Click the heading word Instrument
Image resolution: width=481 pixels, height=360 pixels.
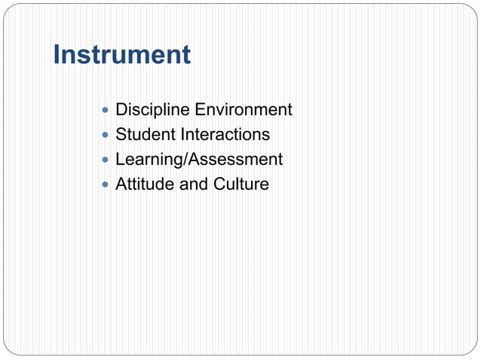coord(121,55)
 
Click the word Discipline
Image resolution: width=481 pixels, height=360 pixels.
coord(152,110)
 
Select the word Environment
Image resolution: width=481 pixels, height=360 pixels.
coord(244,110)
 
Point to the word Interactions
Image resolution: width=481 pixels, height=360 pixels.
coord(225,135)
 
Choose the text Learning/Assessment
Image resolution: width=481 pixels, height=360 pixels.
coord(199,160)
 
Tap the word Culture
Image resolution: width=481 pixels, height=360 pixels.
coord(241,185)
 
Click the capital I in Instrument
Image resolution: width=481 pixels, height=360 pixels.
coord(57,55)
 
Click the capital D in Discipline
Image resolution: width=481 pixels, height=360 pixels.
coord(121,110)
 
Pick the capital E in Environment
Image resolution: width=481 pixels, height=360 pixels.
coord(200,110)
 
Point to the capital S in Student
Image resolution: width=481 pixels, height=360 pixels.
coord(121,135)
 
